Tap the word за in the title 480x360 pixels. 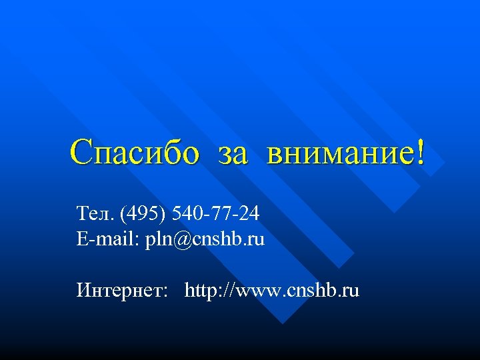click(x=233, y=155)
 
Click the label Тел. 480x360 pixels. click(x=96, y=214)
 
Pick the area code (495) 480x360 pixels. click(x=144, y=214)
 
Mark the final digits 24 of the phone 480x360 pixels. click(x=249, y=214)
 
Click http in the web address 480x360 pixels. click(x=198, y=291)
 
